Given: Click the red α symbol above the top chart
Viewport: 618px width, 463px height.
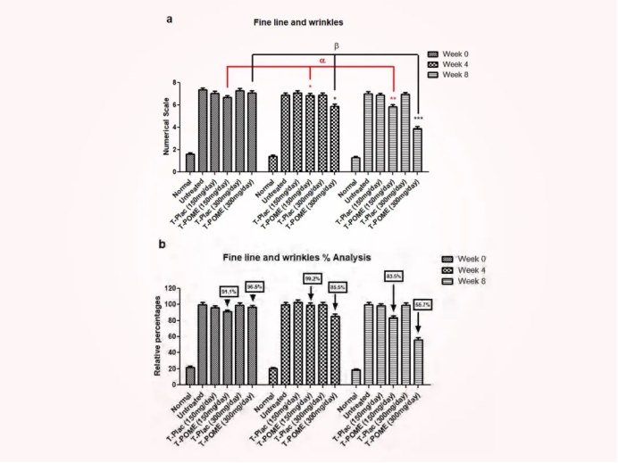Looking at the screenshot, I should [x=322, y=61].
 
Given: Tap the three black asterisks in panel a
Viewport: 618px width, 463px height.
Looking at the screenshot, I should [x=418, y=119].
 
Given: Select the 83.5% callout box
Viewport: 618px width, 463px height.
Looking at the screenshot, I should [x=393, y=277].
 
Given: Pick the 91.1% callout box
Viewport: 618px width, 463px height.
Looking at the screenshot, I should [x=228, y=291].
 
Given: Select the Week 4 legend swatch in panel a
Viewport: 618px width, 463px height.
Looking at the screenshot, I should [x=436, y=65].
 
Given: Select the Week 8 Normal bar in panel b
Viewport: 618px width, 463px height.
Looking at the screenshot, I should [x=356, y=376].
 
